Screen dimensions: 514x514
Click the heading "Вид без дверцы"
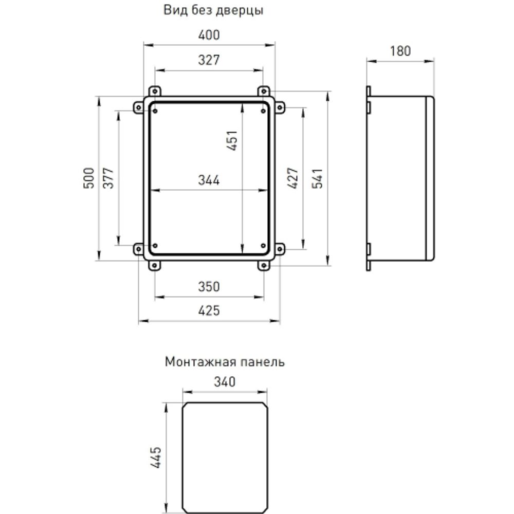[213, 10]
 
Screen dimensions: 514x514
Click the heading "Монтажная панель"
[225, 362]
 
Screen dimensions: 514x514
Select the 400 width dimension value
[209, 35]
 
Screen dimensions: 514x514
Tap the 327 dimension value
[209, 60]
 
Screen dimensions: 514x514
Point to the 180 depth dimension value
[400, 51]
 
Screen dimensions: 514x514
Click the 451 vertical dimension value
[233, 140]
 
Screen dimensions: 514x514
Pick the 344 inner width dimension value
[209, 180]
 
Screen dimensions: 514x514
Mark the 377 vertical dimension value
[108, 178]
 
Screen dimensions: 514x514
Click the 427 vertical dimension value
[292, 178]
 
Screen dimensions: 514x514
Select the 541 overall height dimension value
[317, 178]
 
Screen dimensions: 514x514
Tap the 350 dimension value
[209, 287]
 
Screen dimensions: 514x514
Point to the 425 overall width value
[209, 311]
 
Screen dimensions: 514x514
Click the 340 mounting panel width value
[225, 382]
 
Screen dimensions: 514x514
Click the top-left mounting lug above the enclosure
[155, 91]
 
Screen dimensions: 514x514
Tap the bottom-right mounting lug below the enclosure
[263, 265]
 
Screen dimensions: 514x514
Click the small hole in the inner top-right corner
[263, 111]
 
